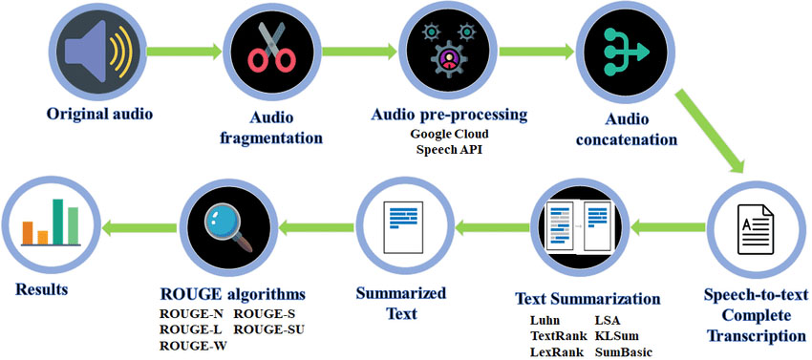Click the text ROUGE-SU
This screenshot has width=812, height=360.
tap(269, 330)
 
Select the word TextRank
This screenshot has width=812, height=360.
tap(559, 337)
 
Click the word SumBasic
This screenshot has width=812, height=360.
tap(624, 352)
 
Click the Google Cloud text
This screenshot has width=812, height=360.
tap(448, 136)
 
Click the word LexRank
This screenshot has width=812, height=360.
tap(558, 352)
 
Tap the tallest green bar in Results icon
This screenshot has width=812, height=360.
tap(57, 222)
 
